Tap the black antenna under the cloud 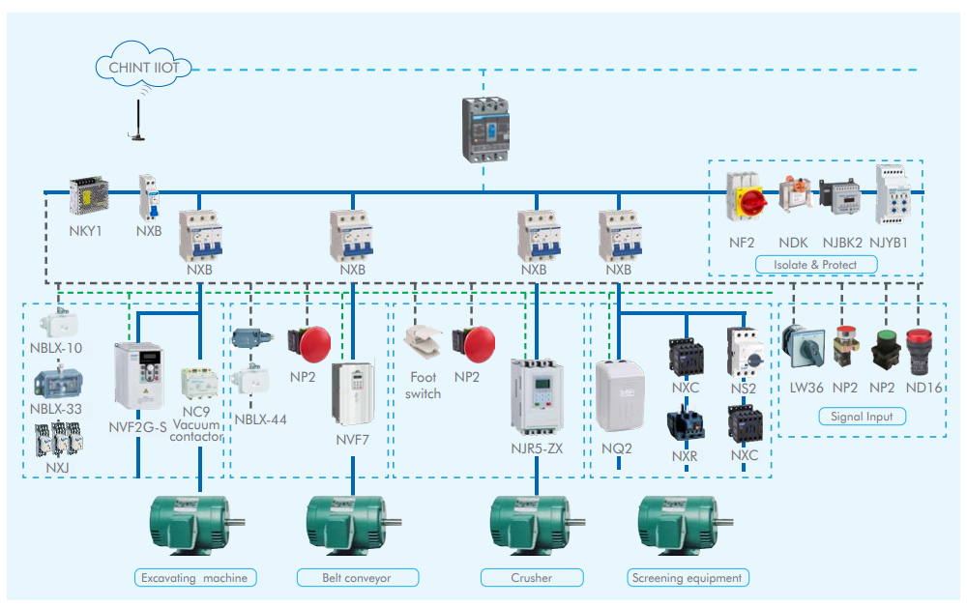[137, 122]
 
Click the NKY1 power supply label [85, 232]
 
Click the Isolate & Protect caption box [812, 264]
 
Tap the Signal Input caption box [862, 417]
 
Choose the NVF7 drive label [353, 438]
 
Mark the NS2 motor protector [743, 352]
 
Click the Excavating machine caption [196, 578]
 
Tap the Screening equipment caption [687, 578]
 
